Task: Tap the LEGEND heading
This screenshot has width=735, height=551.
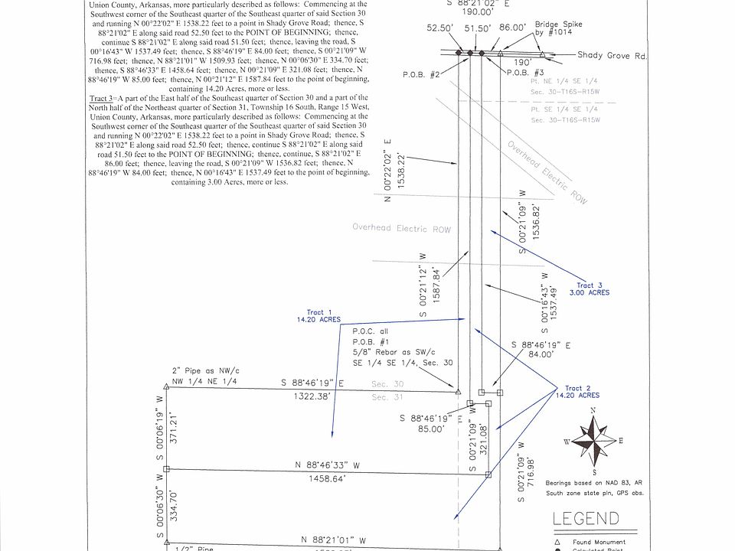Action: pos(586,519)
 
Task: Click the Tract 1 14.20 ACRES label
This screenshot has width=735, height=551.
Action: pos(319,316)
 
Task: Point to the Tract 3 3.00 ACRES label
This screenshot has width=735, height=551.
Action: pos(590,289)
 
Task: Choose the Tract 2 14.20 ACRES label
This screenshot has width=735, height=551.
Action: pos(582,392)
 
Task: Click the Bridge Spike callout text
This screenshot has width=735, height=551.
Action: pos(559,29)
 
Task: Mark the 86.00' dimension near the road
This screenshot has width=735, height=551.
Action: pos(512,27)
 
